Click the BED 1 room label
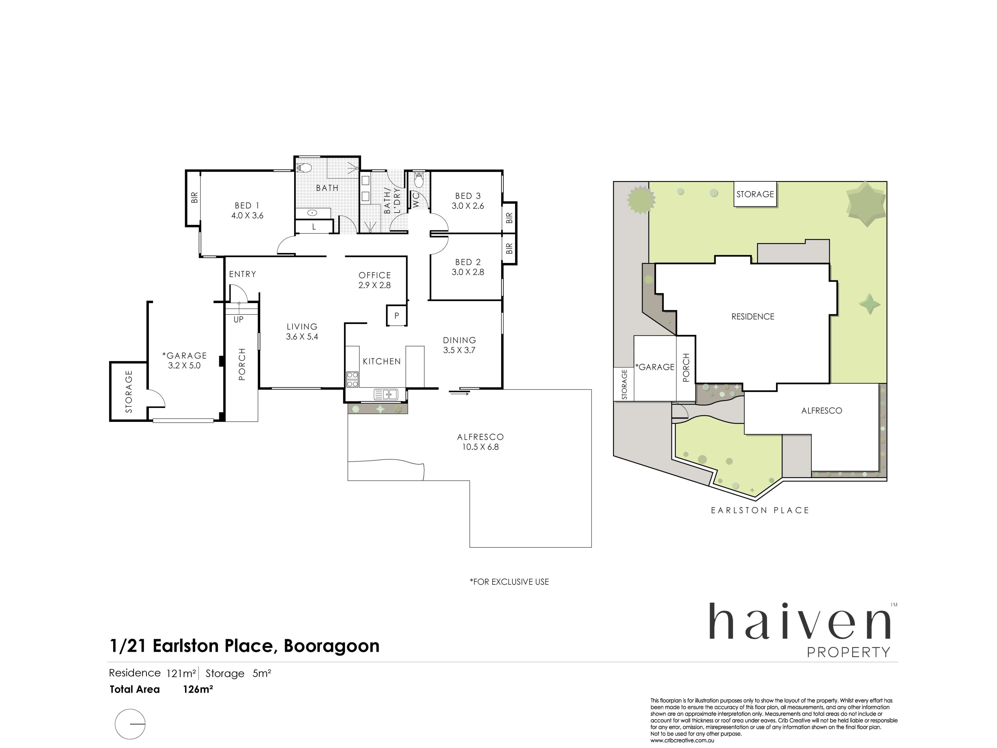tap(247, 206)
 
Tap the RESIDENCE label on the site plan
tap(753, 317)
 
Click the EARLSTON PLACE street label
tap(760, 510)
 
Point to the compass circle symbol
tap(130, 724)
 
